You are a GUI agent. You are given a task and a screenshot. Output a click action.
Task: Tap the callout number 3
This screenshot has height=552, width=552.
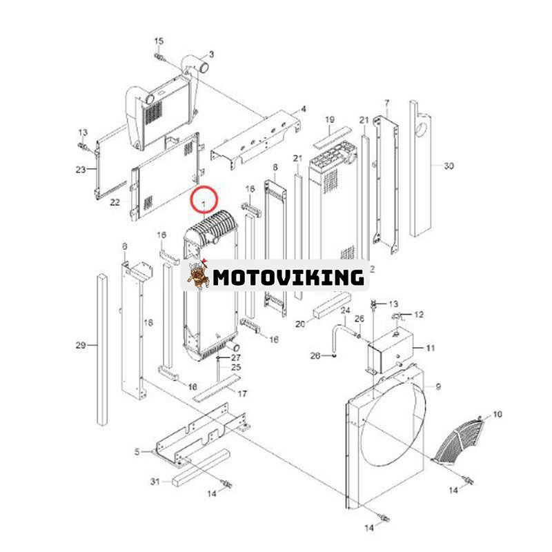(211, 55)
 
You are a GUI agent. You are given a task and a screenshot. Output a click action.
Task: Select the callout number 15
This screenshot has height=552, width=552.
(159, 41)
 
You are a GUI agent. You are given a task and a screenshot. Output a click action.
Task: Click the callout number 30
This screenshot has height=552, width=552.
(448, 166)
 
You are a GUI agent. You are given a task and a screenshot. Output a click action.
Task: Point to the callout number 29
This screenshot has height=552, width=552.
(81, 346)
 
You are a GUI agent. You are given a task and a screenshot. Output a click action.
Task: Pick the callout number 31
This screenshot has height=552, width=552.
(155, 481)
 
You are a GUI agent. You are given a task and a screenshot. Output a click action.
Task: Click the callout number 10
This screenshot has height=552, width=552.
(497, 415)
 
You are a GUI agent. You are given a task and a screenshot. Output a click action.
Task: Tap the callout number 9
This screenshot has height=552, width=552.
(438, 387)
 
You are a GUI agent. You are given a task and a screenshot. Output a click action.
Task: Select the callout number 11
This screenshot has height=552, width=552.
(431, 348)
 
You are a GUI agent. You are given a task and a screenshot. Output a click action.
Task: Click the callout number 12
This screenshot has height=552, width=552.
(419, 315)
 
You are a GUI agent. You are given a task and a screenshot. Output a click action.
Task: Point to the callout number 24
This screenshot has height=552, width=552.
(346, 310)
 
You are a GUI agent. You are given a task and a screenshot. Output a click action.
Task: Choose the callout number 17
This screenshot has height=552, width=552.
(242, 393)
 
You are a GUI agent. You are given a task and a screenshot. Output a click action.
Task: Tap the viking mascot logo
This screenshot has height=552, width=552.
(198, 275)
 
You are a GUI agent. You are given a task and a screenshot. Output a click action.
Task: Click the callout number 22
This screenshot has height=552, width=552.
(115, 202)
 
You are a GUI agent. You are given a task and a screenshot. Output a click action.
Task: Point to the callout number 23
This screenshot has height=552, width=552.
(81, 170)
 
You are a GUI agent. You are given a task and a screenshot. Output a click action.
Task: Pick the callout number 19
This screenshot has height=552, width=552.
(330, 119)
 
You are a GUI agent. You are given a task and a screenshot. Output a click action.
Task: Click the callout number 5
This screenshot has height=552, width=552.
(137, 452)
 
